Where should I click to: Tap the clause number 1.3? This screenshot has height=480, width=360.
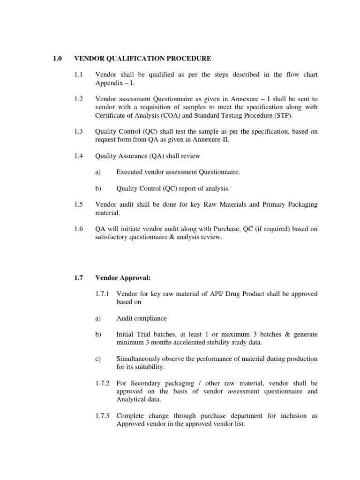coord(78,132)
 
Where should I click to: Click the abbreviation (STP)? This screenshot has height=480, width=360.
coord(273,115)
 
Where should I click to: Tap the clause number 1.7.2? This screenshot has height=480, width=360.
coord(102,383)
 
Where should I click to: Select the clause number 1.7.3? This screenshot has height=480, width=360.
coord(102,416)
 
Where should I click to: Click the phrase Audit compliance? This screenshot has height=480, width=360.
coord(142,318)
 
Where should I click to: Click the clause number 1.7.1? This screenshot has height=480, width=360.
coord(102,294)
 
